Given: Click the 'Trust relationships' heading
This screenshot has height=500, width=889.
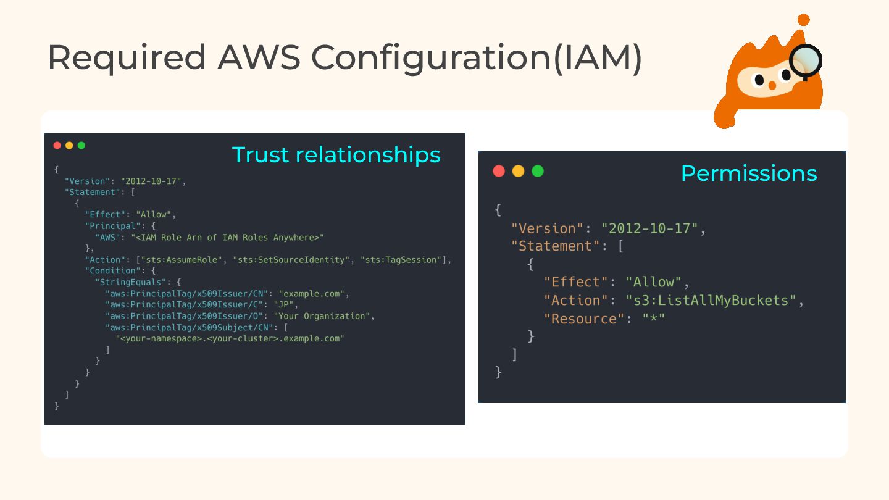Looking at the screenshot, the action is [336, 154].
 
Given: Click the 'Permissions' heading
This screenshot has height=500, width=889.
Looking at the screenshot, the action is [748, 173].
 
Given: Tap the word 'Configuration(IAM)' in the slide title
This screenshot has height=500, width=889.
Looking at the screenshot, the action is [476, 57].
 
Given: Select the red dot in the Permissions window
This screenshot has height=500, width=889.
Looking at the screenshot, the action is [499, 171].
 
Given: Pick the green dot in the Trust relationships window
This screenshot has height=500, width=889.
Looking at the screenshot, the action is [81, 146].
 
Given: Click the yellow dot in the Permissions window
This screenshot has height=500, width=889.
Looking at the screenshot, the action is [518, 171].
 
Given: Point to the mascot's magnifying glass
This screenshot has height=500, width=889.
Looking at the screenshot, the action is [806, 60].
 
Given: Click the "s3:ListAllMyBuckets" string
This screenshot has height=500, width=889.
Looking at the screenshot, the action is [711, 301].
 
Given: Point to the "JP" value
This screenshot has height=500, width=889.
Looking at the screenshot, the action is [288, 305].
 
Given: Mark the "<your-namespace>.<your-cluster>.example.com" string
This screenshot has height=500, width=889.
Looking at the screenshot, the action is [230, 338].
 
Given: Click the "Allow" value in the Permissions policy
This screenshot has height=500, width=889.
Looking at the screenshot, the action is [654, 282].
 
